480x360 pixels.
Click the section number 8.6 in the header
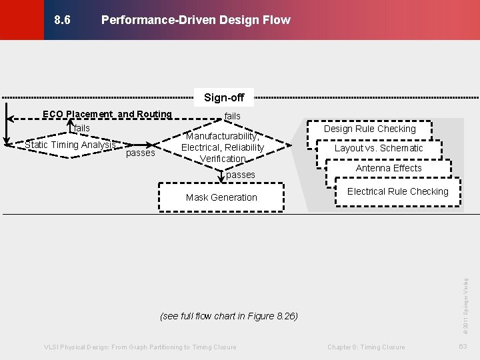point(62,20)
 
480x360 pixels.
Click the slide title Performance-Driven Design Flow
point(195,20)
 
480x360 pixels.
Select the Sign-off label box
point(224,97)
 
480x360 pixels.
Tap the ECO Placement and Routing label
point(107,114)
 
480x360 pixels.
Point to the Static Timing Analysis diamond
point(70,145)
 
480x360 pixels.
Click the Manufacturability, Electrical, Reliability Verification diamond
point(223,147)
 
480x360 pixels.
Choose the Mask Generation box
point(221,197)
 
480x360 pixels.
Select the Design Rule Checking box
point(369,129)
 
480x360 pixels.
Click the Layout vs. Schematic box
point(379,148)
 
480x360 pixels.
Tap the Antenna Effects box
point(389,168)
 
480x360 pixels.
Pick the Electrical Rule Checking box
point(398,191)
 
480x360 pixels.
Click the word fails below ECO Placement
point(81,128)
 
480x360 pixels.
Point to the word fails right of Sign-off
point(233,116)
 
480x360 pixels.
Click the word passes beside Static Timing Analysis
point(140,153)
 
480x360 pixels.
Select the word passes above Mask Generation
point(241,175)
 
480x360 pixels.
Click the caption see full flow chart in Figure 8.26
point(229,315)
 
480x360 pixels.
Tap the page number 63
point(463,347)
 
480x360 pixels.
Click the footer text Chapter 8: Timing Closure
point(366,347)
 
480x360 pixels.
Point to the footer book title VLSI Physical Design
point(140,347)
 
